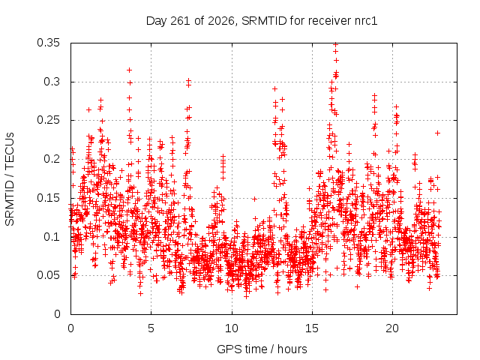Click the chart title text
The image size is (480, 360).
click(x=262, y=21)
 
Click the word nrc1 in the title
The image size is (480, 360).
click(x=366, y=21)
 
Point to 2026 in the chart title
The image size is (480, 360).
click(x=221, y=21)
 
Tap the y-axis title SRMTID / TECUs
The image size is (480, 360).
click(x=10, y=179)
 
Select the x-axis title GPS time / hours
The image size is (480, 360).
click(x=262, y=349)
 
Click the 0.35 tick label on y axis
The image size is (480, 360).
click(x=48, y=43)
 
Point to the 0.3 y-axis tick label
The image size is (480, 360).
click(x=52, y=82)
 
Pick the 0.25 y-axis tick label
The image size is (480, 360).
click(x=48, y=120)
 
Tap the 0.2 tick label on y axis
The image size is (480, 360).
click(x=52, y=159)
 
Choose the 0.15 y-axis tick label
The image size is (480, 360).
click(x=48, y=198)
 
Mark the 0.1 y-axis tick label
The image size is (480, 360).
click(x=52, y=237)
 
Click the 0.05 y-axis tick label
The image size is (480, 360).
click(x=48, y=275)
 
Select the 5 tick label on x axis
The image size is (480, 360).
click(x=151, y=328)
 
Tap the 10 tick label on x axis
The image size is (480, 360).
click(x=232, y=328)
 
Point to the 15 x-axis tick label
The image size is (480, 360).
click(x=312, y=328)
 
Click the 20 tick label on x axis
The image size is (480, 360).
click(x=392, y=328)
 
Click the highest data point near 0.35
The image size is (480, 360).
click(x=336, y=45)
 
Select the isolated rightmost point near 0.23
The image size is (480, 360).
click(x=438, y=133)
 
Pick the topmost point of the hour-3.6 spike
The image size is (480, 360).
click(x=130, y=70)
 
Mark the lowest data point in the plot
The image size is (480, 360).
click(x=247, y=297)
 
